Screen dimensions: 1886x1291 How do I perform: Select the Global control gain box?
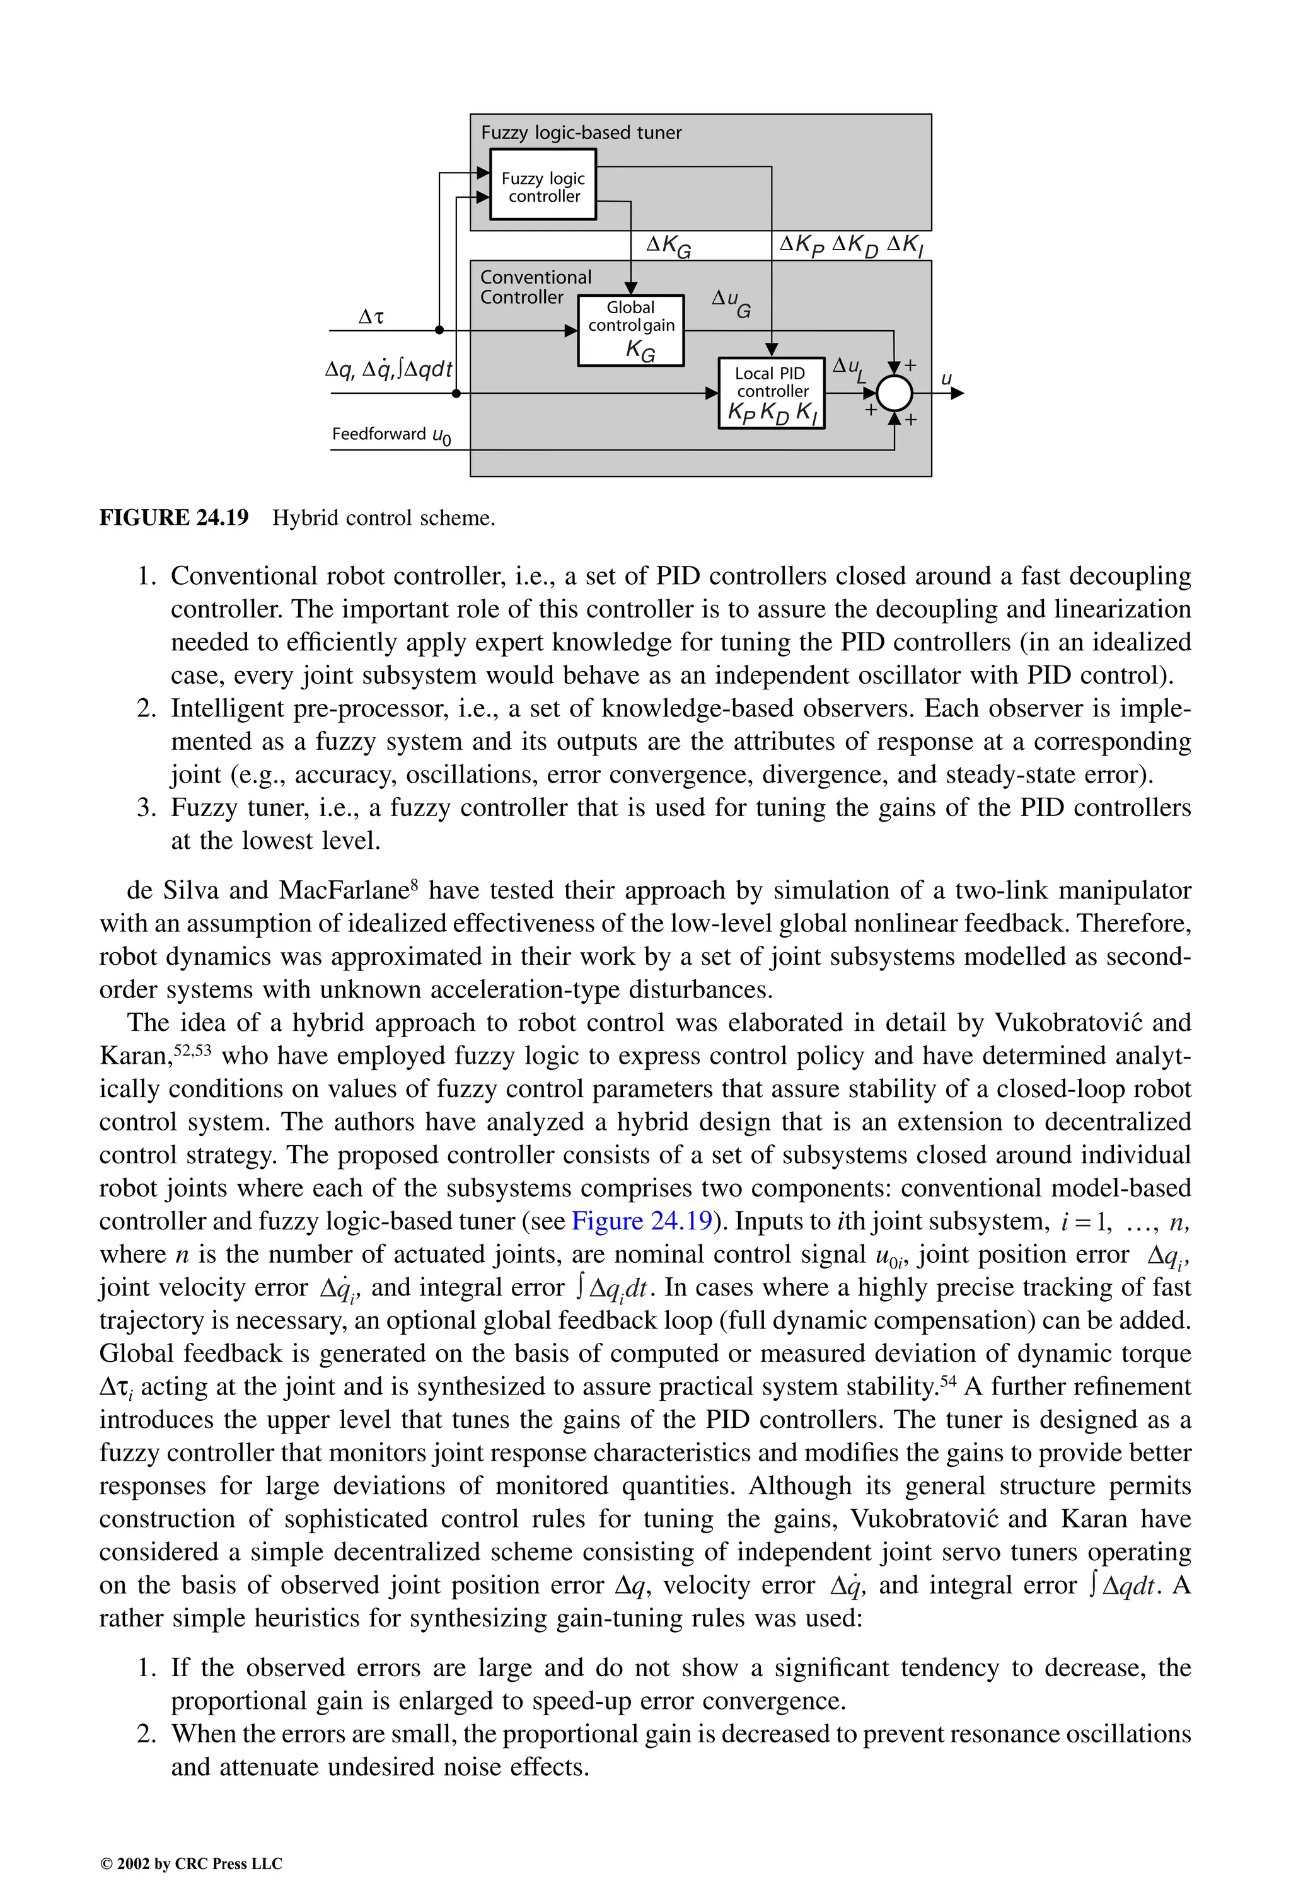[x=631, y=330]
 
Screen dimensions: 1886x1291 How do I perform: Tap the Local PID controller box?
[x=772, y=394]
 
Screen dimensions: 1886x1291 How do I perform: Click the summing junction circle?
[x=894, y=394]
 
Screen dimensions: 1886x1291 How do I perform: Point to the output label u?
[x=946, y=379]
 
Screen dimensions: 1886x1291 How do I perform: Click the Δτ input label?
[x=371, y=316]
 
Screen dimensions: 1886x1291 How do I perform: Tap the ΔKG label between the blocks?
[x=668, y=245]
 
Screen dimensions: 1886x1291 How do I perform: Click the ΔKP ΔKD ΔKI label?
[x=851, y=245]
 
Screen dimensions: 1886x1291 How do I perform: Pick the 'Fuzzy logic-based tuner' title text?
[x=581, y=133]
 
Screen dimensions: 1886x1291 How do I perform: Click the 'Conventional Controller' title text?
[x=535, y=287]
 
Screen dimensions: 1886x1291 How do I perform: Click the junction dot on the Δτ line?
[x=439, y=330]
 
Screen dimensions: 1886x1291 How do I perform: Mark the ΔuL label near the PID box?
[x=849, y=369]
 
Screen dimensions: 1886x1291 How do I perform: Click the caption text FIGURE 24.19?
[x=174, y=518]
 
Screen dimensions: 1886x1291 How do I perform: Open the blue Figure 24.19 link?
[x=642, y=1221]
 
